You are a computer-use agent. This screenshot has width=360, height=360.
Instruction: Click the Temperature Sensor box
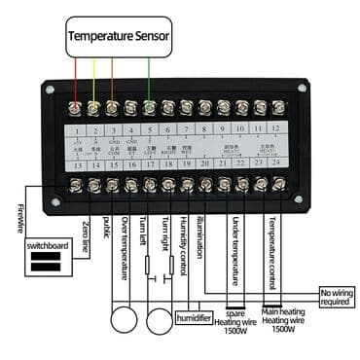point(118,40)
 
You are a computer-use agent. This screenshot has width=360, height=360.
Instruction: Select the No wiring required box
point(335,296)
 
